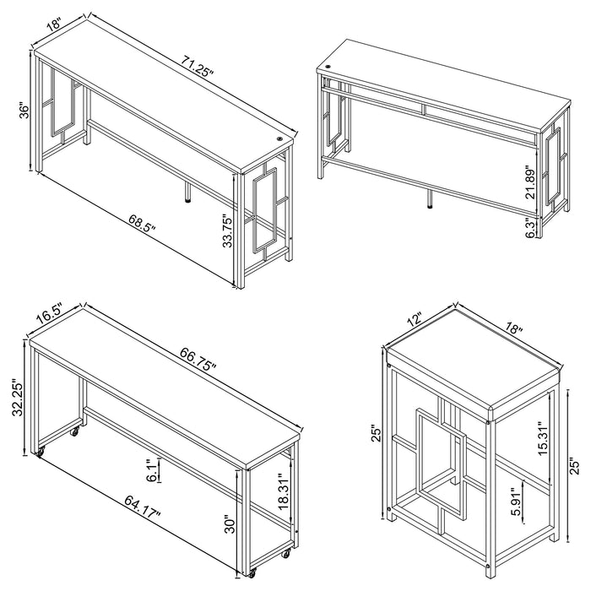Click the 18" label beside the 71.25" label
point(55,24)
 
